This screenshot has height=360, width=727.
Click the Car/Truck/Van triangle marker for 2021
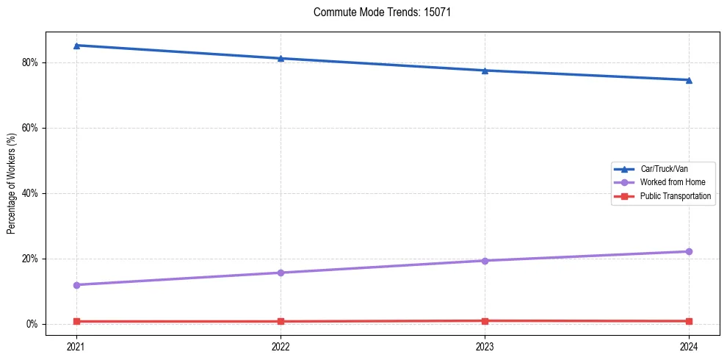tap(76, 46)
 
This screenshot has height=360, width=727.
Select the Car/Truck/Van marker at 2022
tap(281, 58)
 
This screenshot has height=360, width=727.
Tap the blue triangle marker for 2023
tap(485, 71)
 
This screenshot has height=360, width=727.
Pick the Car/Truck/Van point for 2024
tap(689, 80)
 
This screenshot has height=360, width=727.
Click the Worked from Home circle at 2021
tap(76, 285)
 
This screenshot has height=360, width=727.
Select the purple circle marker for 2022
tap(281, 273)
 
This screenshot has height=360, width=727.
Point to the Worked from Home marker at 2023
tap(485, 261)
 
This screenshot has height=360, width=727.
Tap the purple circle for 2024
tap(689, 251)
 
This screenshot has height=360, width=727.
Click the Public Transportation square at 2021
tap(76, 321)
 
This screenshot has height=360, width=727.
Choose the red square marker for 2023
tap(485, 321)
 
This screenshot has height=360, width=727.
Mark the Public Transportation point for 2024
tap(689, 321)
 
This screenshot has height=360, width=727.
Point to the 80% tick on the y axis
tap(30, 62)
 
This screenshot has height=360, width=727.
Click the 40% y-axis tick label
tap(30, 193)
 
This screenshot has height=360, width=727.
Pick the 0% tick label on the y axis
tap(32, 324)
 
